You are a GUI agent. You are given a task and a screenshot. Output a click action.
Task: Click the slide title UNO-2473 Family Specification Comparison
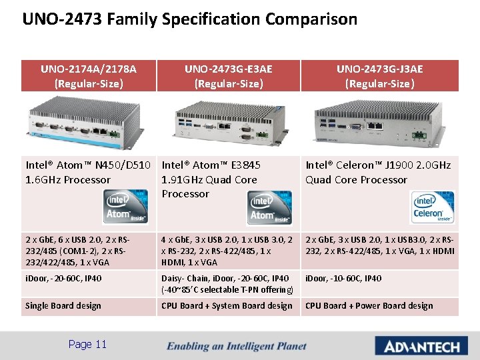189,19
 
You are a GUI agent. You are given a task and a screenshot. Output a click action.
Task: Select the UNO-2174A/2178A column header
89,76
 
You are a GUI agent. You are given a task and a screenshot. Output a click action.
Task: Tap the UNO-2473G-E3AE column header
229,76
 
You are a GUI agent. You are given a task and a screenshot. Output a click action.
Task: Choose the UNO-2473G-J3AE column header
379,76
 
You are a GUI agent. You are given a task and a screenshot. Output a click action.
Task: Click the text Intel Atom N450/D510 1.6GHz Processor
89,172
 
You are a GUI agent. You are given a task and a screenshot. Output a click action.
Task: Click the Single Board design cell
63,306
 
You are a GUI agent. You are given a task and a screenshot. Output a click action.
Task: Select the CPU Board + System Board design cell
227,306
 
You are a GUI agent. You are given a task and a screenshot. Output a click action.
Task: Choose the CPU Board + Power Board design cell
369,306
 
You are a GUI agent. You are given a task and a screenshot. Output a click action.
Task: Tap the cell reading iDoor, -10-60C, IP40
343,278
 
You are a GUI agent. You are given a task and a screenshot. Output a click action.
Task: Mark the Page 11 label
87,344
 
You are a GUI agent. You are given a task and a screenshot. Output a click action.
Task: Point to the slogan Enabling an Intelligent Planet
237,346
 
